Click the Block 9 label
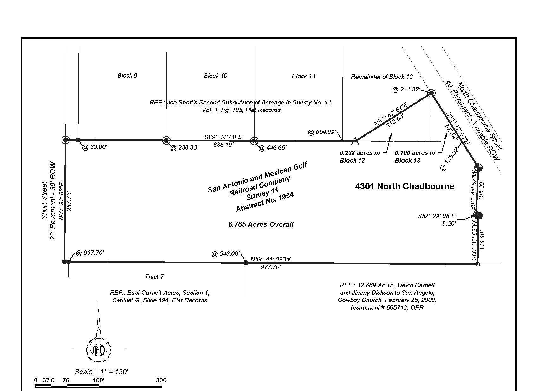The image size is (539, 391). pos(127,76)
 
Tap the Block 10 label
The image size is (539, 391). pos(215,76)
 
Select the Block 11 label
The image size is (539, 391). pos(303,76)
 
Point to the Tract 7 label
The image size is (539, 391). pos(154,277)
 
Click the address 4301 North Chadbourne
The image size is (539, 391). pos(405,186)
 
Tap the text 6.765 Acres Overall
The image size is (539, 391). pos(261,225)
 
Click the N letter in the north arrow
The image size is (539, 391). pos(98,350)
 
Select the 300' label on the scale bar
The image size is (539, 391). pos(162,380)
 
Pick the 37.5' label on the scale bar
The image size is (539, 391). pos(49,380)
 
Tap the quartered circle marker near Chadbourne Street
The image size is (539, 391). pos(478,167)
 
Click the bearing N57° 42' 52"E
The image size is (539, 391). pos(391,114)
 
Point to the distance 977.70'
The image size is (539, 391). pos(271,267)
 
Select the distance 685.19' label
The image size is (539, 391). pos(224,145)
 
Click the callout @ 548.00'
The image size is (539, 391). pos(225,253)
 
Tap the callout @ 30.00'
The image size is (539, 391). pos(94,147)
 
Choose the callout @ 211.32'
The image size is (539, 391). pos(406,90)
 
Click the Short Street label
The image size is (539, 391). pos(44,200)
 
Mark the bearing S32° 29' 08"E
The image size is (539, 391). pos(437,216)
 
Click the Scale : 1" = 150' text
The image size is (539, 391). pos(101,372)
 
